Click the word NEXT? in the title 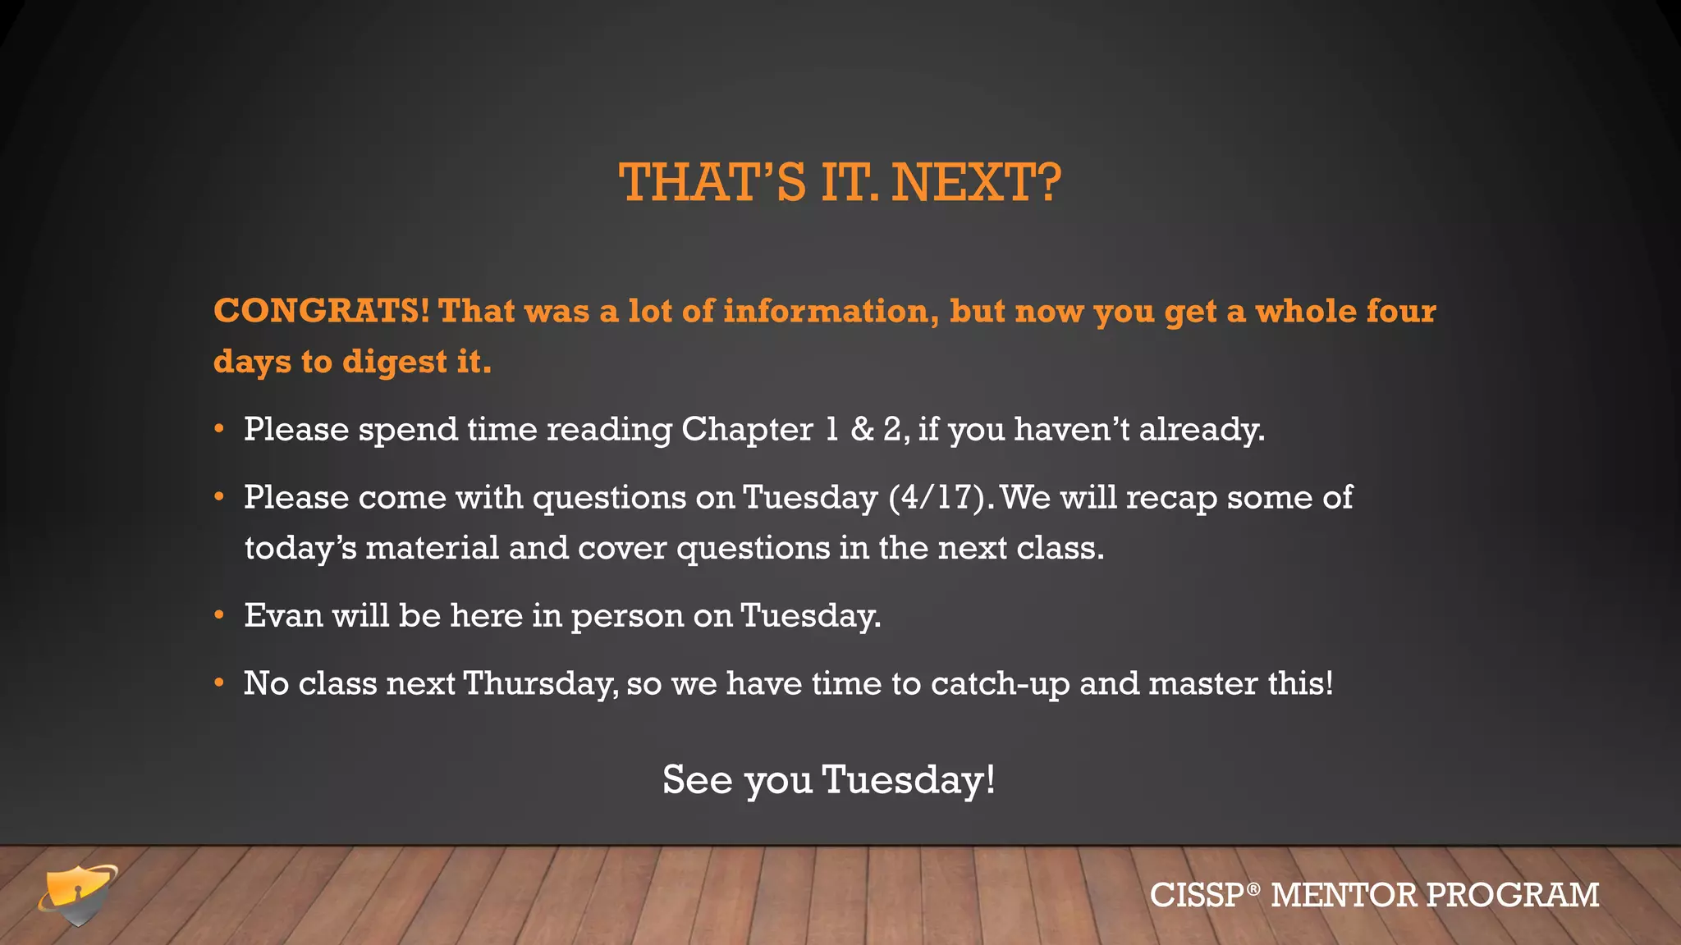(976, 182)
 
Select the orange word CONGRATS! (321, 311)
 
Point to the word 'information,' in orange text (831, 311)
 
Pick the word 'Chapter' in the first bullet (747, 429)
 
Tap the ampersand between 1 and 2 (862, 429)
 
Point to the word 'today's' (300, 548)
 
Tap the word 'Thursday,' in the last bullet (540, 683)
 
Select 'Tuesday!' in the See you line (909, 779)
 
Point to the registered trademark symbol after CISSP (1253, 888)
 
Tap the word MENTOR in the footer (1344, 895)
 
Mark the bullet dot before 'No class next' (219, 683)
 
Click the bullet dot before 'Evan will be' (219, 615)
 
